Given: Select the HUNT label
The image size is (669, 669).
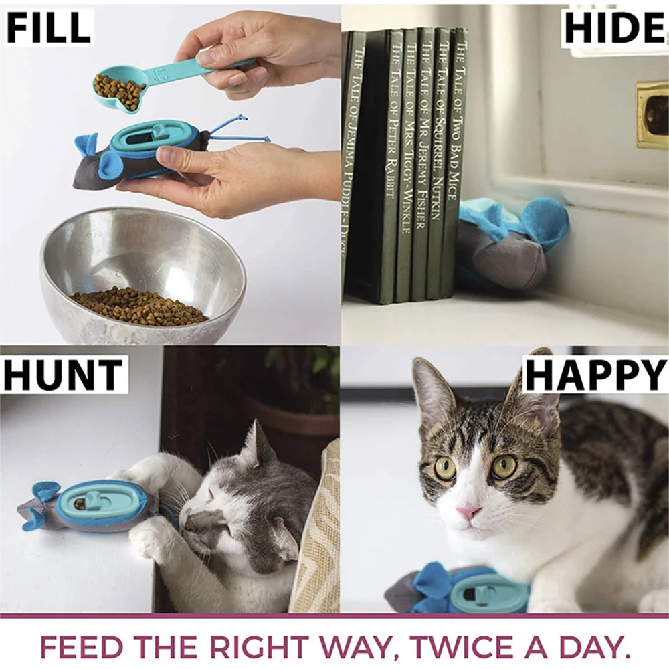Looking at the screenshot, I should point(64,375).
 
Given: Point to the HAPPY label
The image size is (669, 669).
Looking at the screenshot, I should point(595,375).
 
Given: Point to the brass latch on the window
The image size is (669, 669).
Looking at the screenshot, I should point(652,114).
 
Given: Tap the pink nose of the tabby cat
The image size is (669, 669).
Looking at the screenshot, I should point(468,512).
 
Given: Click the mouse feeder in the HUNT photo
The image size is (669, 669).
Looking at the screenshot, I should point(94,505).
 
